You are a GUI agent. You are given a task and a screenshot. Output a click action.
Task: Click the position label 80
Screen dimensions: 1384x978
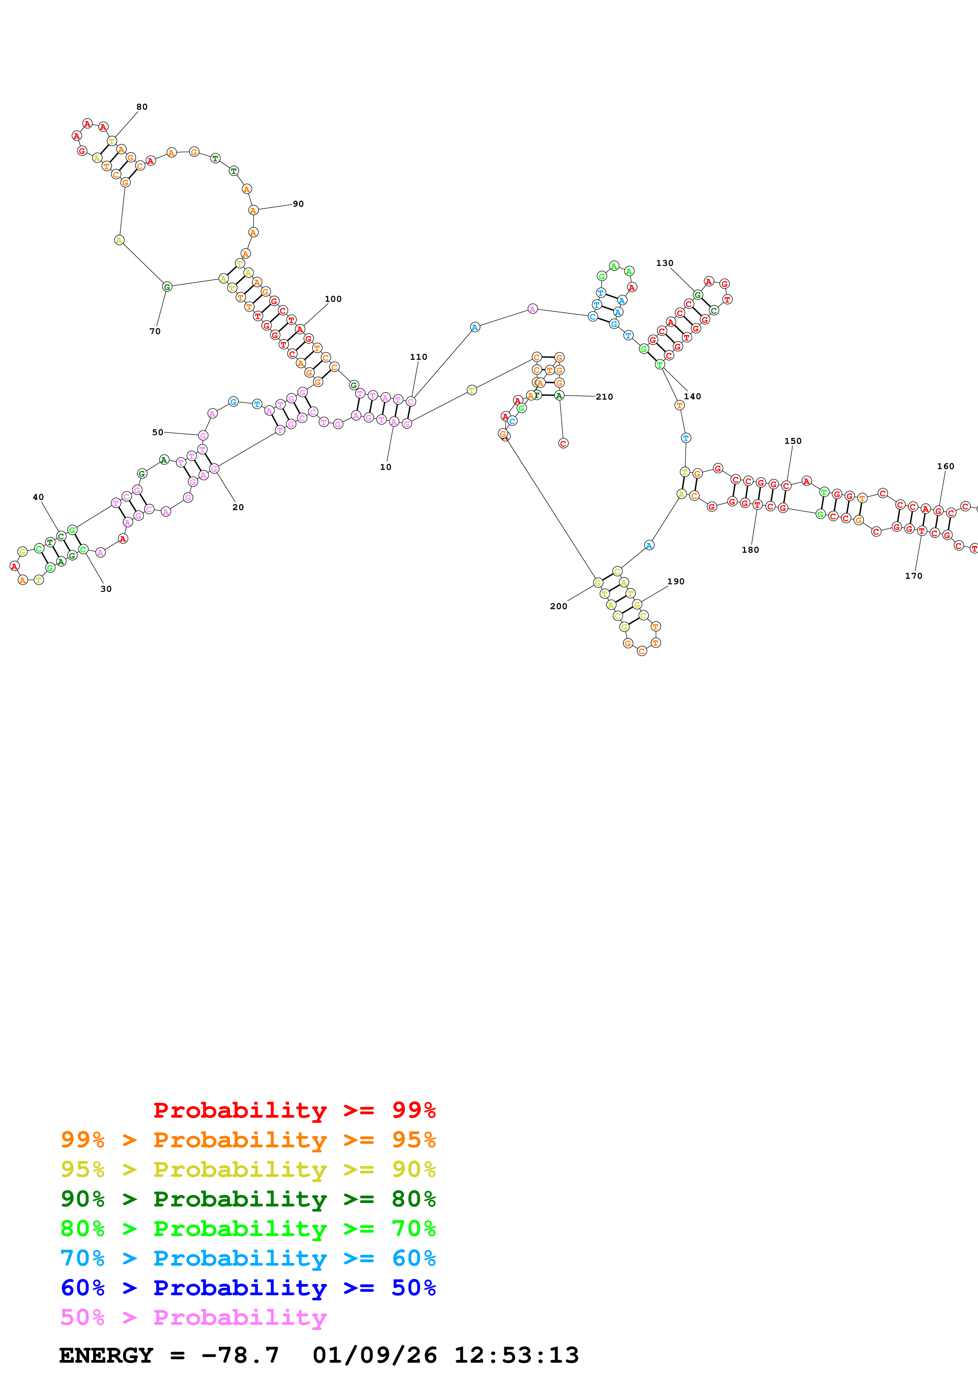(x=142, y=107)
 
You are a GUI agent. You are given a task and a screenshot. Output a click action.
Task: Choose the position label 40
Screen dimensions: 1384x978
(x=38, y=497)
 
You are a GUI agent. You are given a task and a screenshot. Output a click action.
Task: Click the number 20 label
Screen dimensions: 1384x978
(x=238, y=507)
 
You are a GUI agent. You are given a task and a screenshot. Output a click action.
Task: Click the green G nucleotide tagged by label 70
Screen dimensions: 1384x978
(x=167, y=287)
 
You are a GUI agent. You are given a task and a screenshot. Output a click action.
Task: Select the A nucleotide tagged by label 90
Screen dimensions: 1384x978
(x=253, y=210)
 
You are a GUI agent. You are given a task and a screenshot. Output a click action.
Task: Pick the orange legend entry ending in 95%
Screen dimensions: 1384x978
(x=248, y=1139)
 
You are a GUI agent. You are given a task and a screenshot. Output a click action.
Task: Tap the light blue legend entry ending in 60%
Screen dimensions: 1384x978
(x=248, y=1258)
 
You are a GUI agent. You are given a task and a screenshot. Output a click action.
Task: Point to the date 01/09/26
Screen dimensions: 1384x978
(x=374, y=1355)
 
